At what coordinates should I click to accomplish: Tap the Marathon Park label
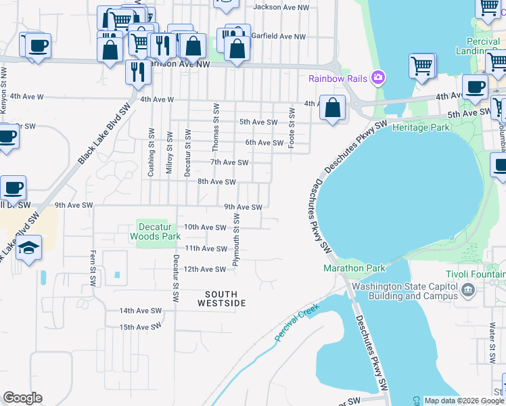[354, 269]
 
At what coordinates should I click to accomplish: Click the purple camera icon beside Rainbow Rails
[377, 78]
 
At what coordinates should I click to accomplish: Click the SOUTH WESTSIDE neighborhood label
[221, 298]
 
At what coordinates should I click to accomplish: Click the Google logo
[22, 398]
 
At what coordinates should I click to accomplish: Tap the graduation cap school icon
[28, 248]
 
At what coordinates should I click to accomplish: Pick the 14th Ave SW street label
[141, 311]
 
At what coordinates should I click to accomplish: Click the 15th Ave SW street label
[141, 327]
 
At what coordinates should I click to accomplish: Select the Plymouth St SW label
[237, 238]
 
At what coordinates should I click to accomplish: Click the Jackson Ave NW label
[281, 7]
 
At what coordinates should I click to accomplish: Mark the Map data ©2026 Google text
[463, 401]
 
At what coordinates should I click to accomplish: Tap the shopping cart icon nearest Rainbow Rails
[421, 66]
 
